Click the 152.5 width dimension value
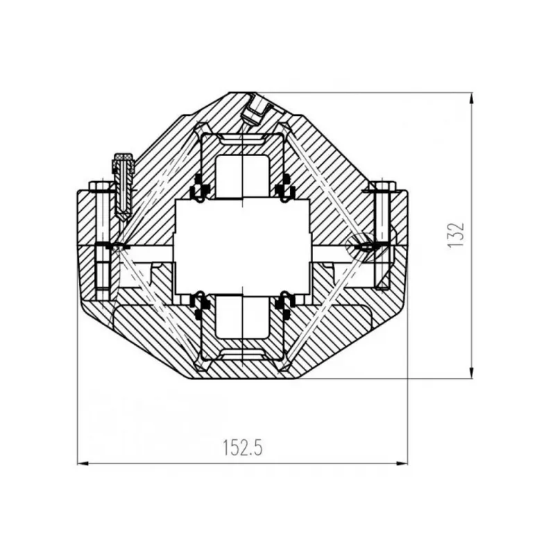[243, 447]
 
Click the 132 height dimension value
[456, 235]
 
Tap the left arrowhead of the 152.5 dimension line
[83, 463]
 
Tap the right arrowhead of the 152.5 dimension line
[402, 463]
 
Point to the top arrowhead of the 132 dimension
[471, 99]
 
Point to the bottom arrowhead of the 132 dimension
[471, 373]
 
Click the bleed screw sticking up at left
[123, 187]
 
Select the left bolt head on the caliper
[102, 187]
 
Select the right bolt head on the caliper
[382, 187]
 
